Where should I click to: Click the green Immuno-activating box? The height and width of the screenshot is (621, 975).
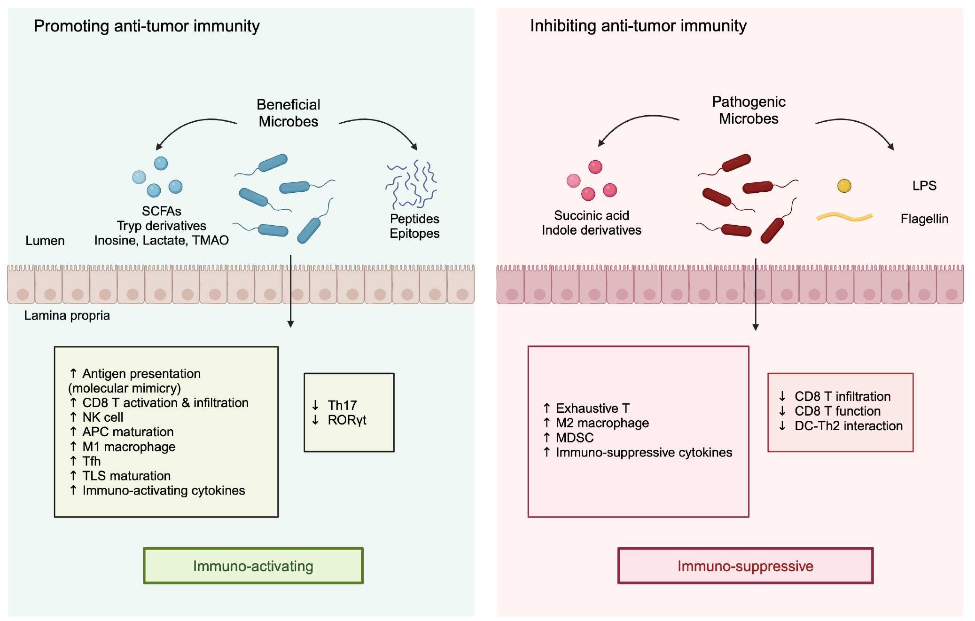coord(253,566)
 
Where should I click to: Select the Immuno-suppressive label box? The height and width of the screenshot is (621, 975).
coord(745,566)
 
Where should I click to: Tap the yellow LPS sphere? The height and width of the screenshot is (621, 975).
coord(844,186)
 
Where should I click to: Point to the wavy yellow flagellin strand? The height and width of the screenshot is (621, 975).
coord(844,217)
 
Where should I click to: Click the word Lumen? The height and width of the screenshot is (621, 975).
coord(45,241)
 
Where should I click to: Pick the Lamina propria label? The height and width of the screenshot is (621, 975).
coord(67,315)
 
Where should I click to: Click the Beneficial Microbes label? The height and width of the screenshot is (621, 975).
coord(288,113)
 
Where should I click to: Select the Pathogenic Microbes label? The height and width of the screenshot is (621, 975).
coord(748,110)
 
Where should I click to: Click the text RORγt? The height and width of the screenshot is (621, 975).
coord(347,420)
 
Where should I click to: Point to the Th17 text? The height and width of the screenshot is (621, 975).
coord(342,405)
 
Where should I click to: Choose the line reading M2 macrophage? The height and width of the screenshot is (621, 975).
coord(602,423)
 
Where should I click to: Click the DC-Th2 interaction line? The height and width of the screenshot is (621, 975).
coord(848,426)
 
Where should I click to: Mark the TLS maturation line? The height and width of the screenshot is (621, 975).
coord(126,476)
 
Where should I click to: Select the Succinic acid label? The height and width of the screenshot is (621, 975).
coord(591,215)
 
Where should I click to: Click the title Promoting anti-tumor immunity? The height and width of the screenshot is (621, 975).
coord(147,26)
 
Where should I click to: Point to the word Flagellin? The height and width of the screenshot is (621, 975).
coord(924,219)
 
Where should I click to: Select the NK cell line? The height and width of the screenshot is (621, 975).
coord(102,417)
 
